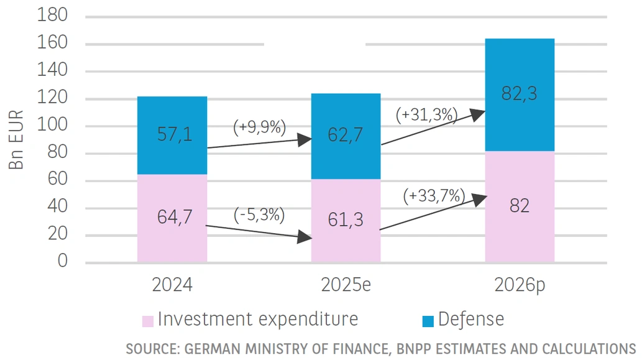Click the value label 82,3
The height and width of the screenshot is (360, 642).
[x=520, y=95]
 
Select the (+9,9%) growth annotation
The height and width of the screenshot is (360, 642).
[x=259, y=127]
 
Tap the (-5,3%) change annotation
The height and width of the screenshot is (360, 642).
[x=259, y=215]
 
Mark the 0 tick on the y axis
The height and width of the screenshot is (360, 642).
[x=62, y=261]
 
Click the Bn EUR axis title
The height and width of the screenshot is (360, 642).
[x=17, y=140]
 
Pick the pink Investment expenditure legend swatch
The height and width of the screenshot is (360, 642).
[x=148, y=321]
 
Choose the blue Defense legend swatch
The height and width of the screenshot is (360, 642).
[x=428, y=321]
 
